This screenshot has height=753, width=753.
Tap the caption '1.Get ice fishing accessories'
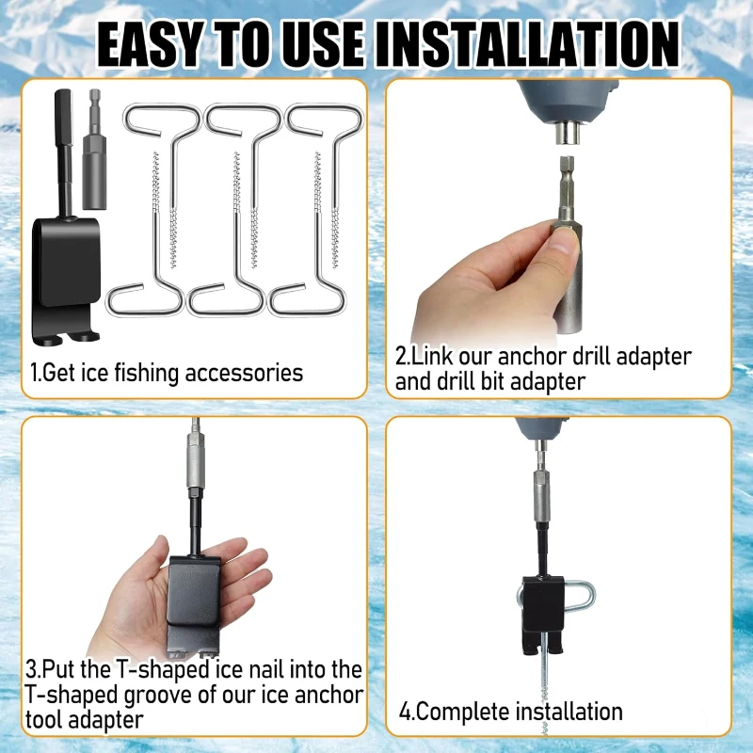click(x=167, y=373)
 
